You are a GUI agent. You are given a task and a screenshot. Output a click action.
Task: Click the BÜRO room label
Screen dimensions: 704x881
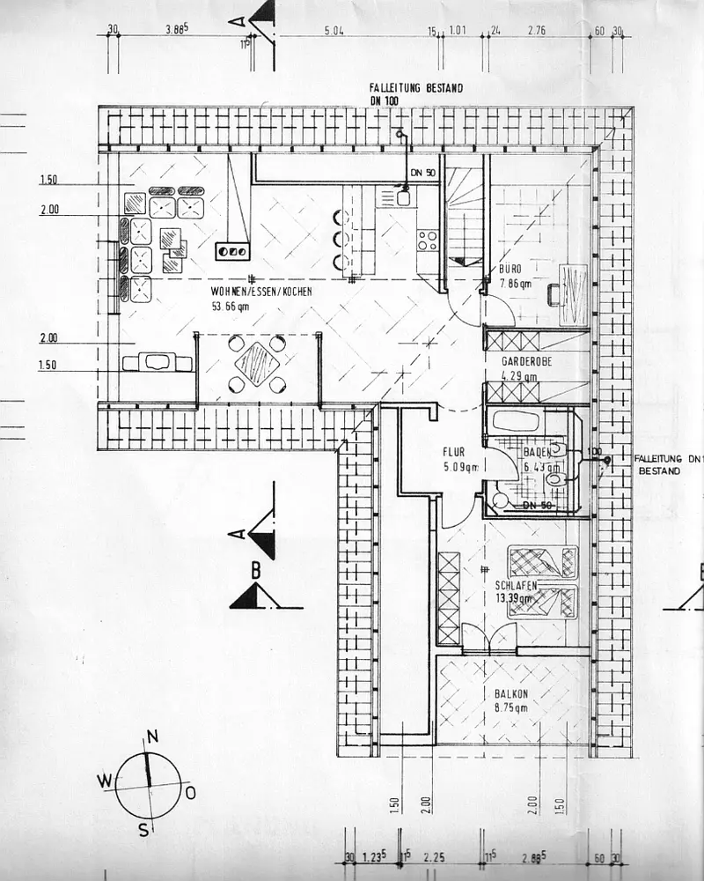pyautogui.click(x=511, y=268)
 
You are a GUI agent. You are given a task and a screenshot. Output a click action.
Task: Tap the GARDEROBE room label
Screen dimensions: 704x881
pyautogui.click(x=528, y=362)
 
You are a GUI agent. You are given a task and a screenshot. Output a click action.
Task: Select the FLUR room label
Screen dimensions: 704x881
pyautogui.click(x=458, y=454)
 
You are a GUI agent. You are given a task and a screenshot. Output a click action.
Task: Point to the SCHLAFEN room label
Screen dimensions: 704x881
pyautogui.click(x=516, y=584)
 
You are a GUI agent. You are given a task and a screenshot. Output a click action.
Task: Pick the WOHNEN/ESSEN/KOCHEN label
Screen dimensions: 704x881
pyautogui.click(x=261, y=292)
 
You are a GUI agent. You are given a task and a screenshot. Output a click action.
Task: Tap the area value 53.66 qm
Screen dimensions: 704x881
pyautogui.click(x=231, y=307)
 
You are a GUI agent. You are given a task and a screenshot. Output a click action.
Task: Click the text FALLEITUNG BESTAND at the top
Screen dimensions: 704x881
pyautogui.click(x=417, y=89)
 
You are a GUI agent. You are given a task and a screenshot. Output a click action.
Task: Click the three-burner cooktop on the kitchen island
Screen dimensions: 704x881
pyautogui.click(x=233, y=250)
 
